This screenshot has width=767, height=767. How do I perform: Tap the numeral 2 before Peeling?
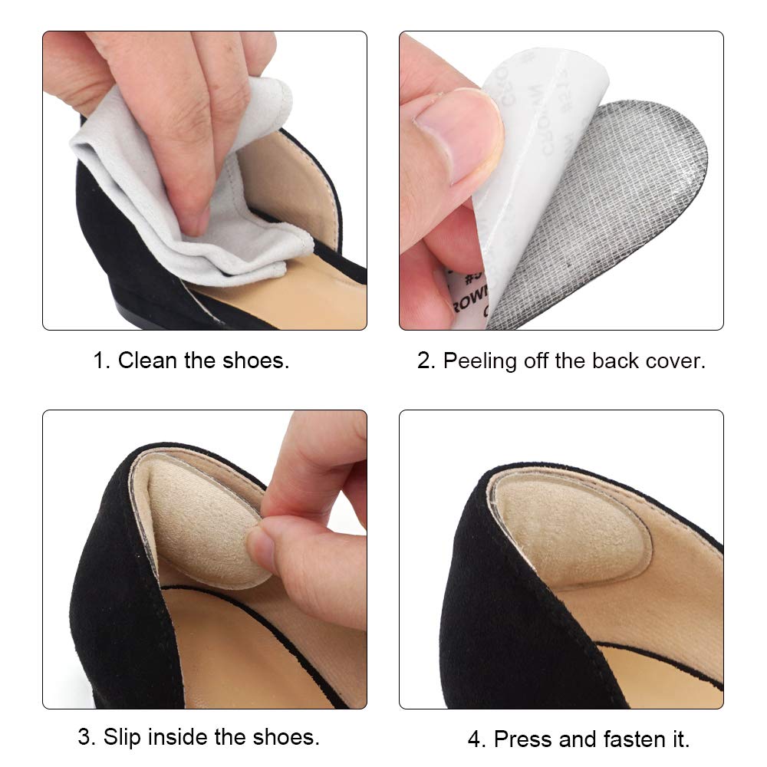tap(425, 360)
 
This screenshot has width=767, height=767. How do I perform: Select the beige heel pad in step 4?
tap(568, 529)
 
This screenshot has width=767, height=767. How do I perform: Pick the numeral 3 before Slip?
tap(86, 738)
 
